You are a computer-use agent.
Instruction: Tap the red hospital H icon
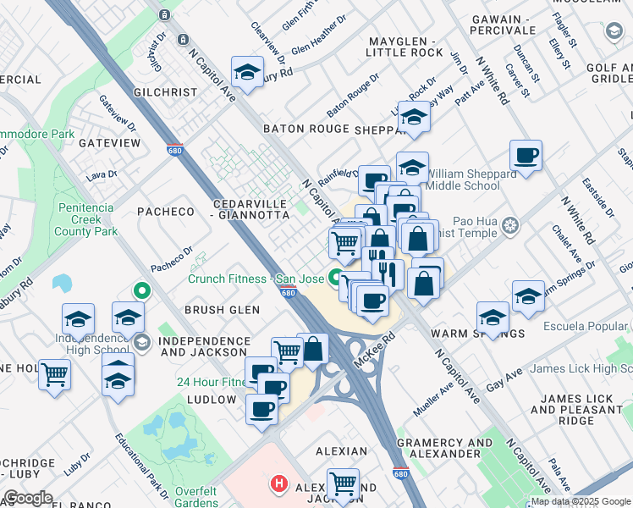click(278, 485)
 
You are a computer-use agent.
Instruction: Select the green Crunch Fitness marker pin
click(336, 276)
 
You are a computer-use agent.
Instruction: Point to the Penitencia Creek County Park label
click(87, 219)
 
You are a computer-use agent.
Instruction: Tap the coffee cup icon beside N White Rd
click(526, 157)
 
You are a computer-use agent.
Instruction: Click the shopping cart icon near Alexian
click(343, 484)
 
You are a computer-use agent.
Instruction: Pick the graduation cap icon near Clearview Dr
click(248, 73)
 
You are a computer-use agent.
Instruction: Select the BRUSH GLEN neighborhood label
click(222, 310)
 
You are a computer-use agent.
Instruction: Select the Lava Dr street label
click(101, 175)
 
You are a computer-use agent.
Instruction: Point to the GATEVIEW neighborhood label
click(109, 143)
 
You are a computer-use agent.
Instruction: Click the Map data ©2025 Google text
click(581, 501)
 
